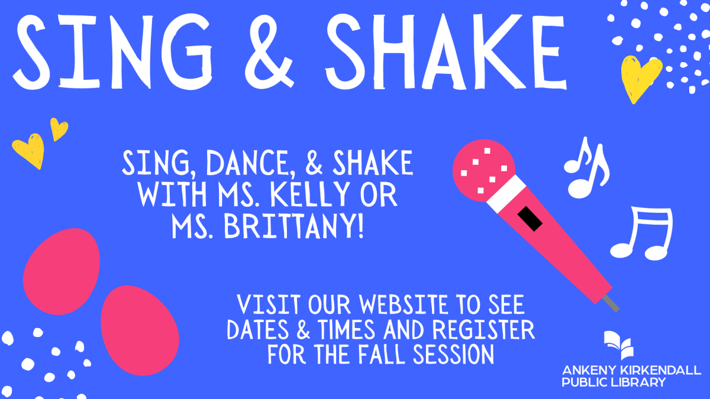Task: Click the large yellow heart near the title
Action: tap(640, 77)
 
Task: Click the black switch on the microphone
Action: tap(530, 219)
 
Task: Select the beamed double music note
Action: tap(642, 233)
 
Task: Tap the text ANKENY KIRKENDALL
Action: tap(631, 371)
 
